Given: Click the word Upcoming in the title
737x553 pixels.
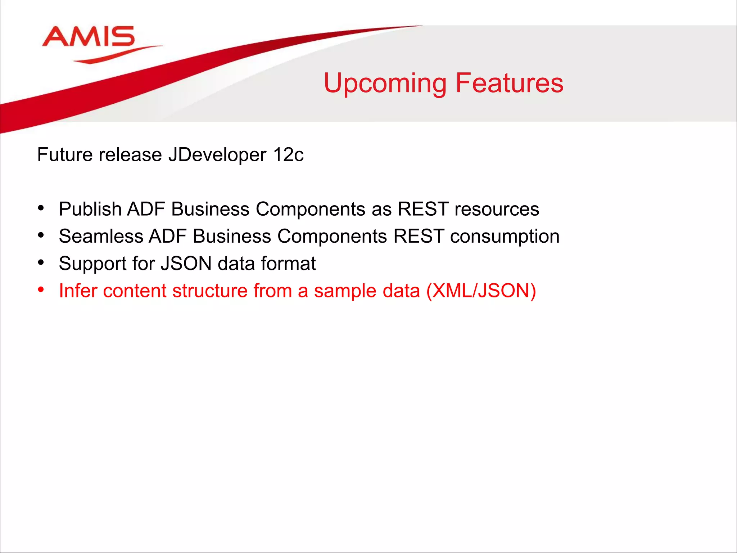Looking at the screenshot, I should (385, 83).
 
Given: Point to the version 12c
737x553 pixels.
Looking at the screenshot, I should (288, 155).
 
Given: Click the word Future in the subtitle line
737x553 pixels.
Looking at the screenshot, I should (65, 155).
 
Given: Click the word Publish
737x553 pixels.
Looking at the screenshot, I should (90, 209).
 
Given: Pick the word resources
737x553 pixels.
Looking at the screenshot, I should (497, 209).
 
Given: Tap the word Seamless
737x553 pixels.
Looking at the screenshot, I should (101, 237).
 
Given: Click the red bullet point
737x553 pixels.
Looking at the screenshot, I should (41, 290).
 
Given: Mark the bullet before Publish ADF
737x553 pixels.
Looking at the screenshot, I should (41, 208).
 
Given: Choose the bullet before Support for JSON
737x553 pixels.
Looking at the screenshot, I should (41, 262).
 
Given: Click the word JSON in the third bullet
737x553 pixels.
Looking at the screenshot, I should (186, 264).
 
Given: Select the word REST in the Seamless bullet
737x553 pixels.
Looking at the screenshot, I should (419, 237).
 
